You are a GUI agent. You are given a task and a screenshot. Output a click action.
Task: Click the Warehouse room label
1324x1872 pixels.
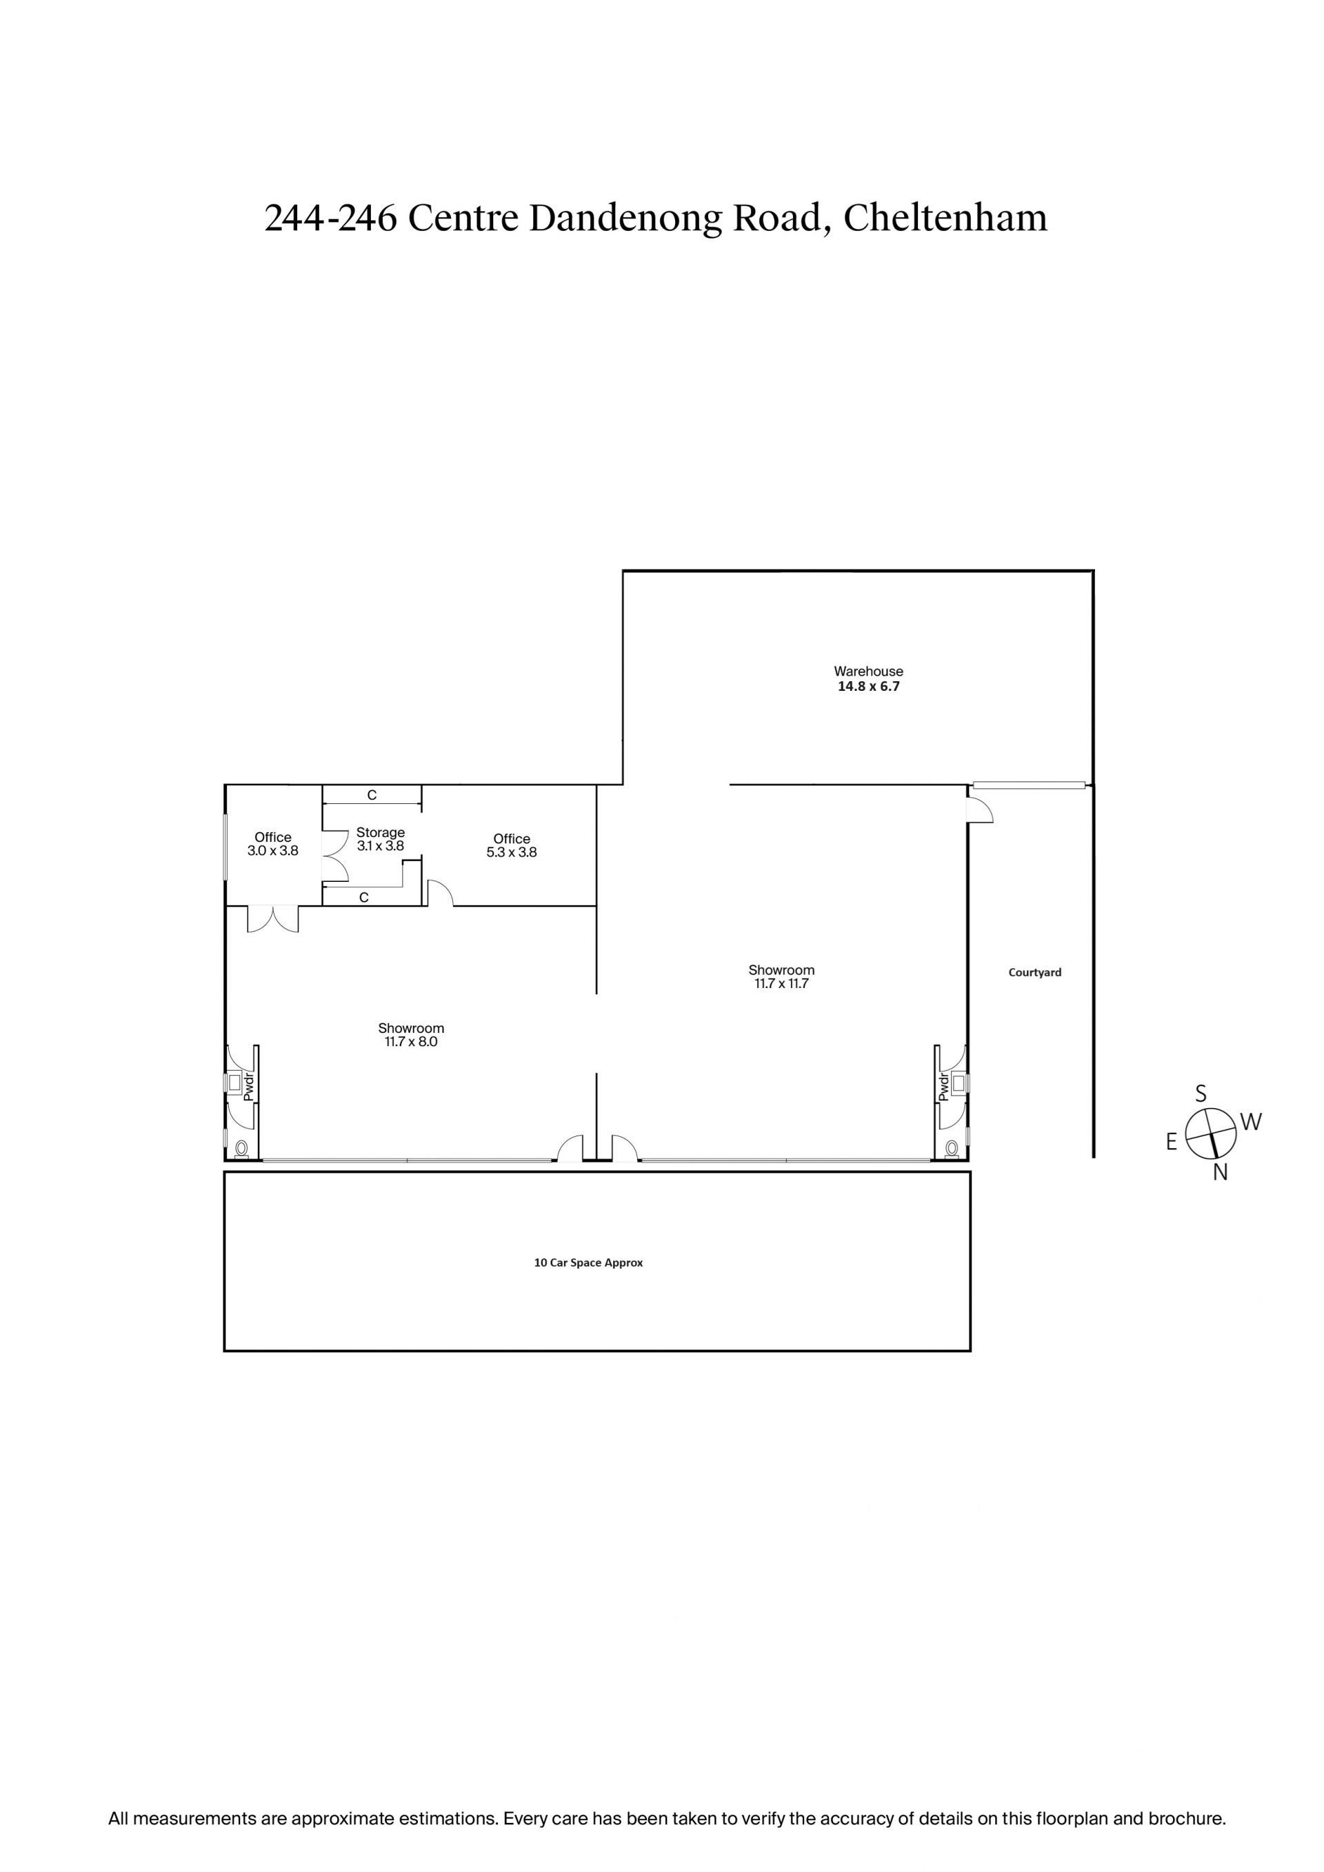868,671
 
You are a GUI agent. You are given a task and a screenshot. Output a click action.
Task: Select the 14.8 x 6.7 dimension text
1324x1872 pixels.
868,687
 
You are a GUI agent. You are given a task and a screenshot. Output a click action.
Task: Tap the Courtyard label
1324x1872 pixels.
1034,972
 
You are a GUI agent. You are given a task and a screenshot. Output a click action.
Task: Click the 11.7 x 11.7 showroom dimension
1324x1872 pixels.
781,983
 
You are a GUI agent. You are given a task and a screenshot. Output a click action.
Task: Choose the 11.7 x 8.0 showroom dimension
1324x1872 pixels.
411,1041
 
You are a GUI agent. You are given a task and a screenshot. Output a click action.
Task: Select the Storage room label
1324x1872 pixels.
381,832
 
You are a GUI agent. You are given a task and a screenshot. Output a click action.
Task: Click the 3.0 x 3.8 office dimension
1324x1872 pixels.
273,850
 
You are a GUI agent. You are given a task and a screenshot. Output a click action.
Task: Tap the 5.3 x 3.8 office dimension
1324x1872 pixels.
512,852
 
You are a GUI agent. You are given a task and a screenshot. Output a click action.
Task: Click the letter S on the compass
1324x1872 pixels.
1201,1094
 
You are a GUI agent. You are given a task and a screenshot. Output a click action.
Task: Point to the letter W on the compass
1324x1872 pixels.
1252,1122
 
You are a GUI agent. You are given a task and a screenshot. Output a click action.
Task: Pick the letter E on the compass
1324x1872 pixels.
1172,1143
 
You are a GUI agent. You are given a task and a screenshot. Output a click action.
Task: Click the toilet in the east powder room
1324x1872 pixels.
241,1149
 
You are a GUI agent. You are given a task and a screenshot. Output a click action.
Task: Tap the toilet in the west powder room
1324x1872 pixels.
952,1149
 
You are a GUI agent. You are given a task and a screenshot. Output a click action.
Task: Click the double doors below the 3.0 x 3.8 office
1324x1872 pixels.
273,919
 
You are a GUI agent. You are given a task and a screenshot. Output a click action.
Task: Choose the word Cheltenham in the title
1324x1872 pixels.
945,218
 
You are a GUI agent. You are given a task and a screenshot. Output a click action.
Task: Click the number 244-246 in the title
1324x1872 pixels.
330,219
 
